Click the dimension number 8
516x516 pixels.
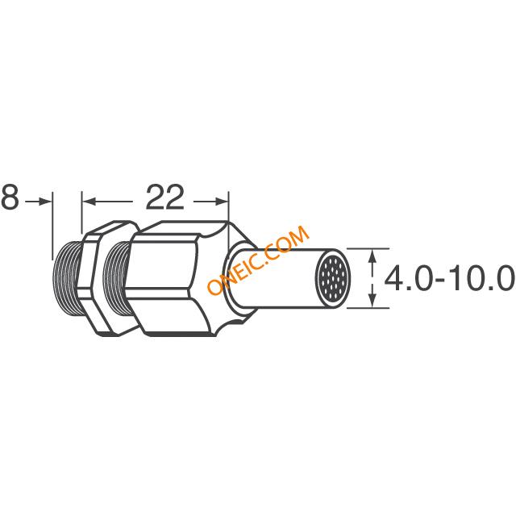pyautogui.click(x=10, y=197)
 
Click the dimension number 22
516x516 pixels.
pyautogui.click(x=164, y=197)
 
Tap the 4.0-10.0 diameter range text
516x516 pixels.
pyautogui.click(x=449, y=278)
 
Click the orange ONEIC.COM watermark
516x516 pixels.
pyautogui.click(x=259, y=260)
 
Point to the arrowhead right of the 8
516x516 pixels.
pyautogui.click(x=44, y=202)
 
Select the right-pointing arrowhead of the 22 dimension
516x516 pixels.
pyautogui.click(x=221, y=202)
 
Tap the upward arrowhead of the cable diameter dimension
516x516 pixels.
pyautogui.click(x=372, y=256)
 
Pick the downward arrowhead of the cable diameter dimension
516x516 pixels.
pyautogui.click(x=372, y=301)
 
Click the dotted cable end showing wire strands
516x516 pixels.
pyautogui.click(x=333, y=279)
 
